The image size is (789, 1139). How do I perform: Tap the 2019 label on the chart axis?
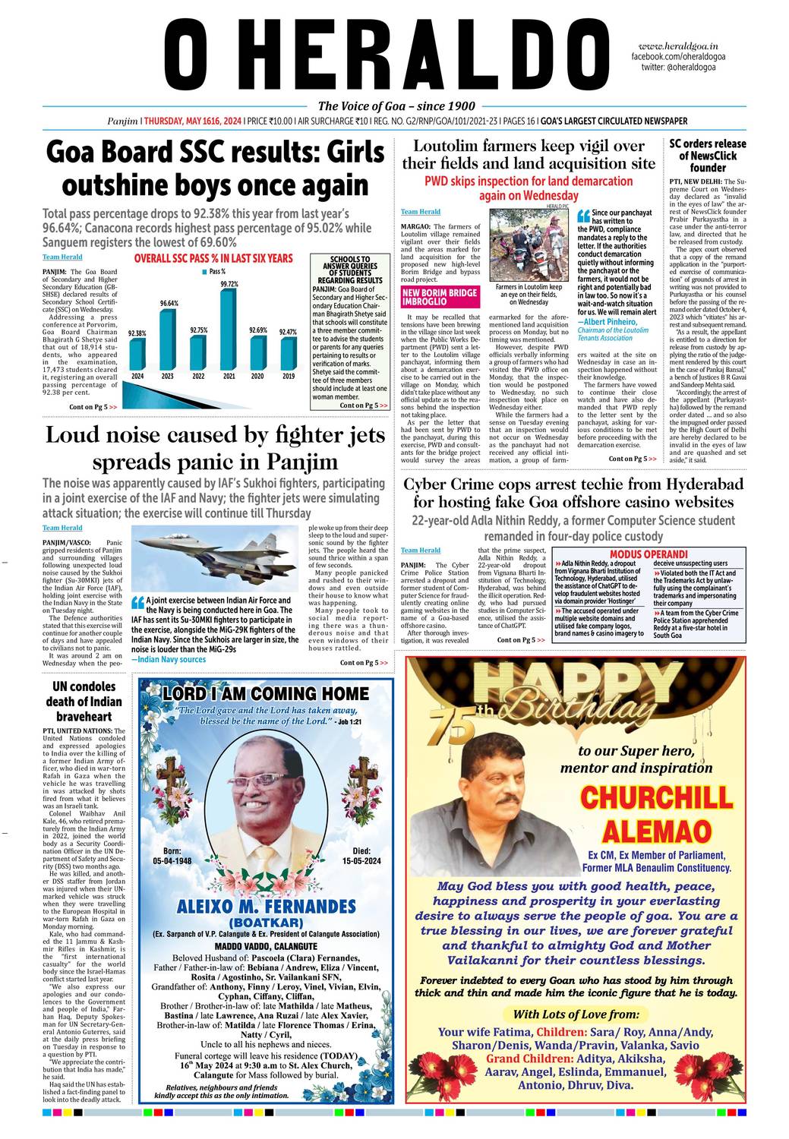click(289, 376)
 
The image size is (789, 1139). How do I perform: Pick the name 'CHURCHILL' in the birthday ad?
click(656, 798)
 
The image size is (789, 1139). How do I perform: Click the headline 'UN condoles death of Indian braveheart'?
click(83, 702)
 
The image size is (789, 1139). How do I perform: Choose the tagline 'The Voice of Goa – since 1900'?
click(396, 106)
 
